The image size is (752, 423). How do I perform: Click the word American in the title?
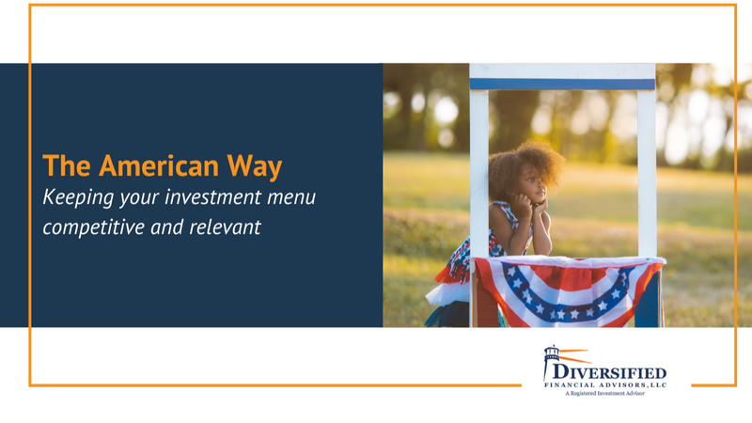click(159, 166)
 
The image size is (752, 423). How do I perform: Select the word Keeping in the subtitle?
click(78, 198)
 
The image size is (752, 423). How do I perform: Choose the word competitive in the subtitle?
click(93, 227)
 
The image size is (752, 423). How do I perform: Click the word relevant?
click(225, 227)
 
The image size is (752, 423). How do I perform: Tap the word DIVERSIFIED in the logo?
click(609, 373)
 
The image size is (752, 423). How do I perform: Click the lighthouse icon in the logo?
click(551, 362)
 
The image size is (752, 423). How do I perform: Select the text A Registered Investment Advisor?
click(604, 394)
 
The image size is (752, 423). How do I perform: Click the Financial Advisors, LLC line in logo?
click(605, 384)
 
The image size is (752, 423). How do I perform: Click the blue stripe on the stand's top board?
click(562, 85)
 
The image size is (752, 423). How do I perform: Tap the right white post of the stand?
click(647, 173)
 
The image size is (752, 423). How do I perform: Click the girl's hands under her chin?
click(530, 207)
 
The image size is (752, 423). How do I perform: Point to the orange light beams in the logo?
click(574, 356)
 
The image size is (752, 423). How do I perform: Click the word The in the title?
click(67, 166)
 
